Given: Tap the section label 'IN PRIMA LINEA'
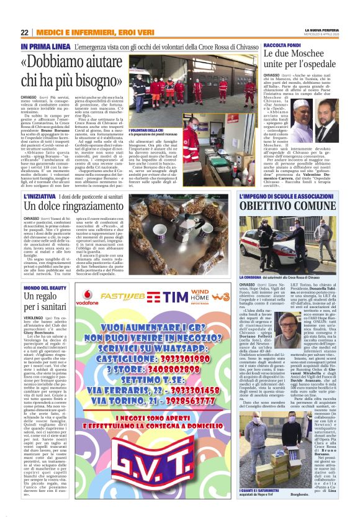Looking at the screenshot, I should click(45, 47).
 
